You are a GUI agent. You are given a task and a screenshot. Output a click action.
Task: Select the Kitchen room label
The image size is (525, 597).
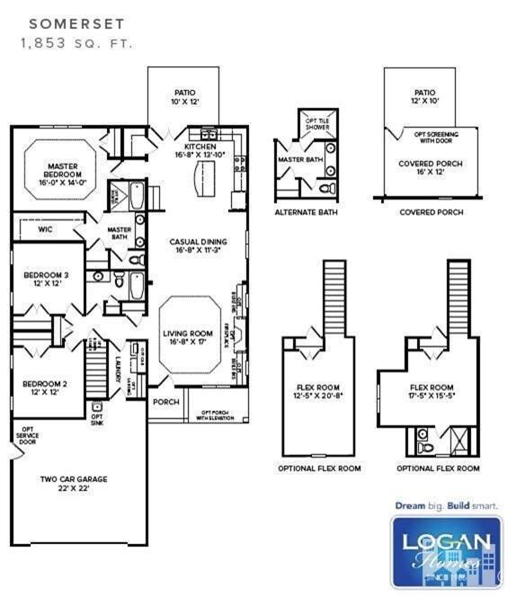[x=200, y=150]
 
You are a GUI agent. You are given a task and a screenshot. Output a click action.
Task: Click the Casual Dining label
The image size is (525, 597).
[x=198, y=246]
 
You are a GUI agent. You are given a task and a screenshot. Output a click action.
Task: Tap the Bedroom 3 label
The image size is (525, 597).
[x=40, y=278]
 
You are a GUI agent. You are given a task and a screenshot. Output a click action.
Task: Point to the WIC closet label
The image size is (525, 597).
[x=46, y=230]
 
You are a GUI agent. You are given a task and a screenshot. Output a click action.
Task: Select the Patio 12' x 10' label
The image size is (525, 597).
[x=424, y=97]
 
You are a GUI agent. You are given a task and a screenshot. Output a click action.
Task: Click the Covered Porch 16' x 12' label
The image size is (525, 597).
[x=425, y=169]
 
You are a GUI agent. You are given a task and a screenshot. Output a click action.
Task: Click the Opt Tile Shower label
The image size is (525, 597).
[x=317, y=125]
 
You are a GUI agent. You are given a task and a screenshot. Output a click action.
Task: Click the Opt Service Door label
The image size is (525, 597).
[x=27, y=436]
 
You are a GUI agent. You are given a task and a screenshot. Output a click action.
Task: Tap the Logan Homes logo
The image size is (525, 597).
[x=446, y=551]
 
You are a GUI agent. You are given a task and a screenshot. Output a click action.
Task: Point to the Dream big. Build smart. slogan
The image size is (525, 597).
[x=446, y=505]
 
